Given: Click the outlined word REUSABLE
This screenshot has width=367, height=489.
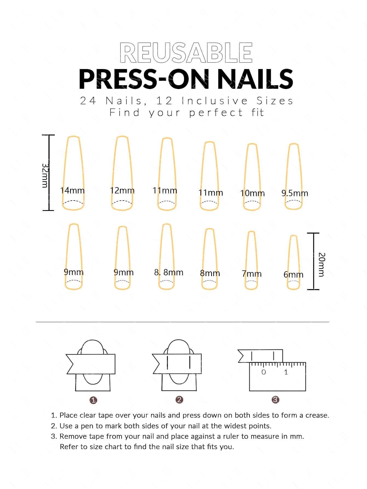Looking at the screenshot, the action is [186, 52].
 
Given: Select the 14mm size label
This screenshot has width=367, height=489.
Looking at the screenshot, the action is [72, 190].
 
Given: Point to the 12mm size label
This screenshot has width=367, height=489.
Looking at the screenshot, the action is [122, 190].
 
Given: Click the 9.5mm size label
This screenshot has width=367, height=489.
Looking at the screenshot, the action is [295, 193].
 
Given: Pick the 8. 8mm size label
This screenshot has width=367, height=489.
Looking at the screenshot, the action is [169, 272].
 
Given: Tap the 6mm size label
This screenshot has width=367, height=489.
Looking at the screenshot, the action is [293, 274].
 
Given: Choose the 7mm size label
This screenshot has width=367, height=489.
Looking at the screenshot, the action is [252, 274].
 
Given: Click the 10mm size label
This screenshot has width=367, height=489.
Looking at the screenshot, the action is [253, 193].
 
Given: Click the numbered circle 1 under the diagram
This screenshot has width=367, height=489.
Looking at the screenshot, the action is [93, 400].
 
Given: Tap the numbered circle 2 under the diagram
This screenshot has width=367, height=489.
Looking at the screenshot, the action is [179, 400].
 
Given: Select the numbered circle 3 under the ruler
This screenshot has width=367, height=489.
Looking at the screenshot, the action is [275, 400].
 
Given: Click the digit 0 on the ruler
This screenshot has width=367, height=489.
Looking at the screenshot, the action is [264, 372].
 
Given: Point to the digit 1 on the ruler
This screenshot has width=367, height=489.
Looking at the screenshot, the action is [286, 372].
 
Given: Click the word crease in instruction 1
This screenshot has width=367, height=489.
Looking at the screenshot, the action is [317, 415].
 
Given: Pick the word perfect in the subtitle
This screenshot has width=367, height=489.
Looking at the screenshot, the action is [216, 113].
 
